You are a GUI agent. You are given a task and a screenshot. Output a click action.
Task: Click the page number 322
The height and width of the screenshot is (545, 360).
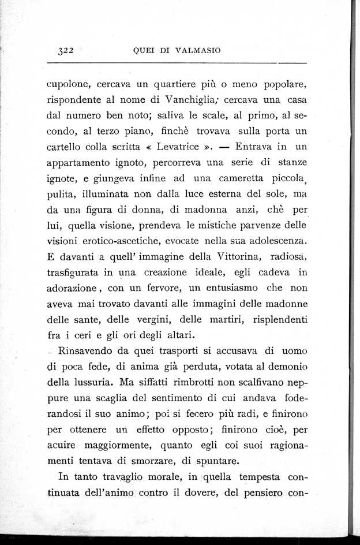[x=67, y=50]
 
